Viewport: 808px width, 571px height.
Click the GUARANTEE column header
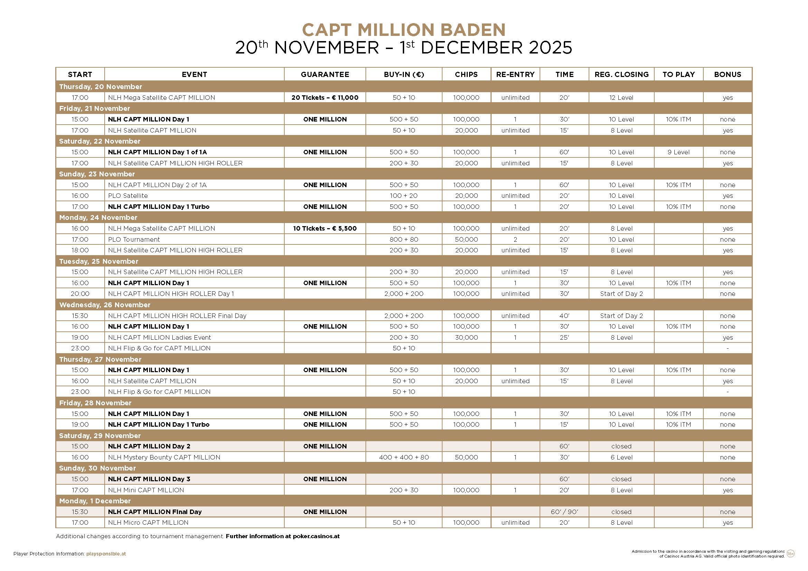click(325, 75)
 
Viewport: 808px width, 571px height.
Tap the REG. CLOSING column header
click(621, 75)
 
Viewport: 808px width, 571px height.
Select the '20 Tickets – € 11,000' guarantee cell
click(325, 98)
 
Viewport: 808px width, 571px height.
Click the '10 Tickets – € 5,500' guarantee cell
click(325, 229)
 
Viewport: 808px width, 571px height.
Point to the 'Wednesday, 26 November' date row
click(105, 305)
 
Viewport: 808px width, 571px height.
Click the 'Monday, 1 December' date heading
click(95, 501)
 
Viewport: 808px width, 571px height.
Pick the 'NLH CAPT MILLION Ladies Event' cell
click(159, 338)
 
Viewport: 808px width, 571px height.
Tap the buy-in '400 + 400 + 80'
click(403, 457)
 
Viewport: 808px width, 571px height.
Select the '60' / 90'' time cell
click(564, 512)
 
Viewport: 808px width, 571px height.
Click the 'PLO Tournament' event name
click(134, 240)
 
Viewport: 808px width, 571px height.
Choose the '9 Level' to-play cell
click(678, 152)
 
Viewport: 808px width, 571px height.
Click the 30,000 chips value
click(466, 338)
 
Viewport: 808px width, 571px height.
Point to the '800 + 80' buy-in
click(403, 240)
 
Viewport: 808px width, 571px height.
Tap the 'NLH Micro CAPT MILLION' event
click(148, 523)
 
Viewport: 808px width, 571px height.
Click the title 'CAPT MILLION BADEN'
click(403, 30)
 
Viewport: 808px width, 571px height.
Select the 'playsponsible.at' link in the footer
click(106, 554)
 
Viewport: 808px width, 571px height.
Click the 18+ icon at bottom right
click(790, 554)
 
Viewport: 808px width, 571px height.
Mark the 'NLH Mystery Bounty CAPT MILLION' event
click(164, 457)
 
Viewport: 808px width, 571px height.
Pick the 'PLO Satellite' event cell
click(128, 196)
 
